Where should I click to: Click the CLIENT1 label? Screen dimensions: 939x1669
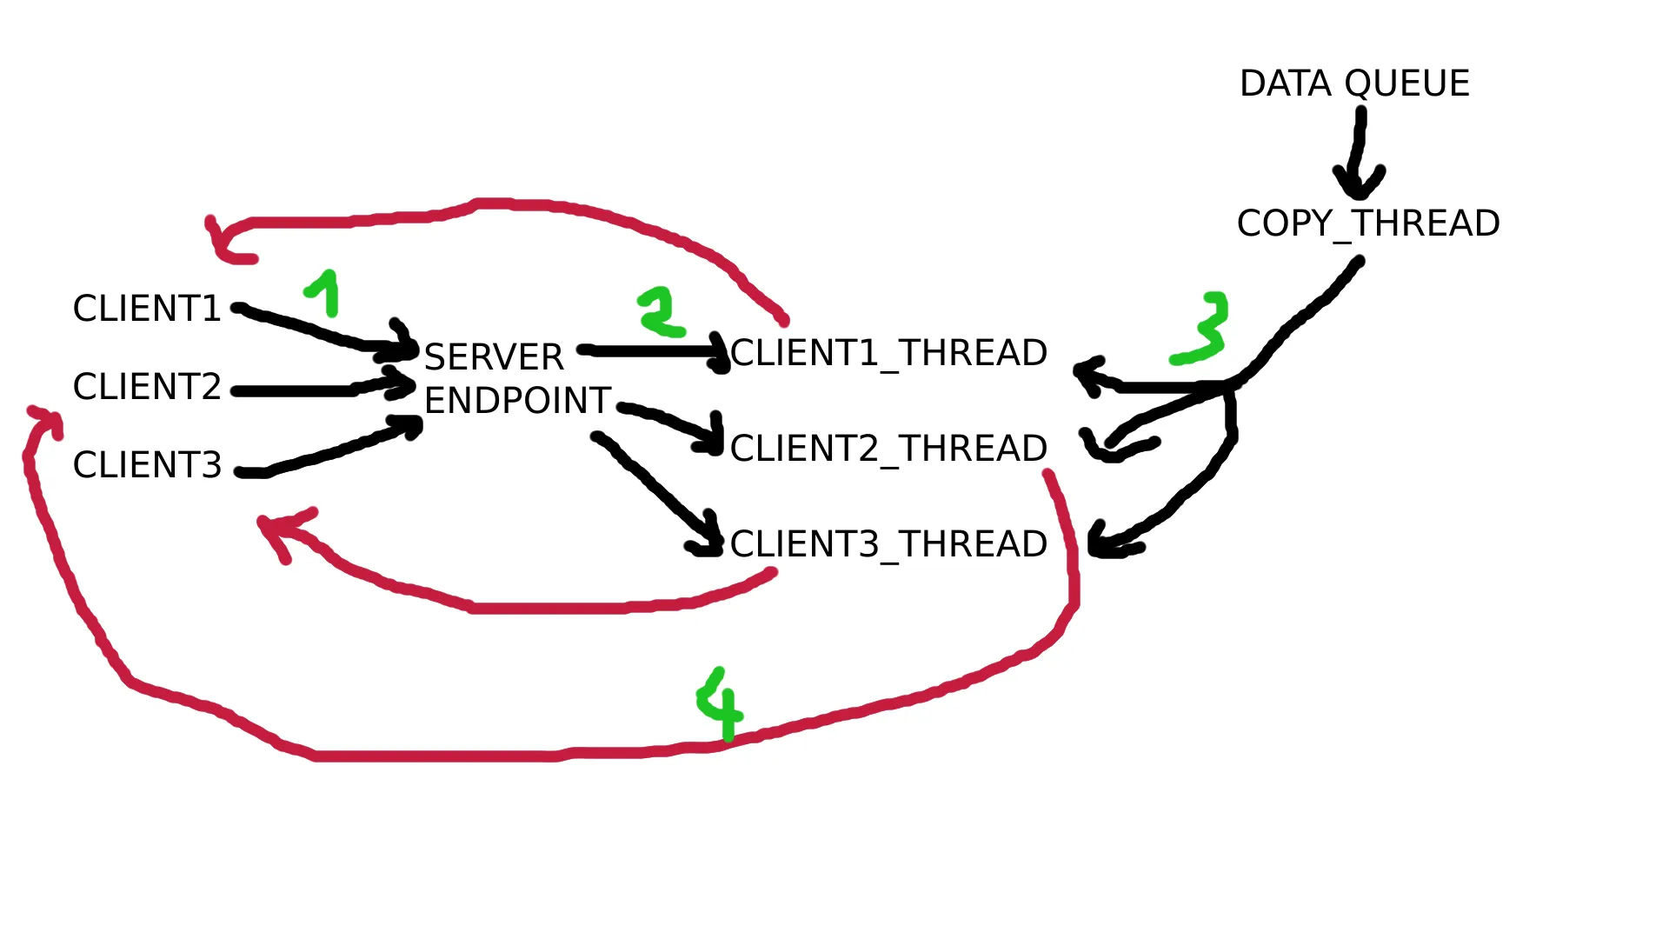[147, 309]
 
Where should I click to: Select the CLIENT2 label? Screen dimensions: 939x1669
[147, 387]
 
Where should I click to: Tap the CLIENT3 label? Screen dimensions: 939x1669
[147, 465]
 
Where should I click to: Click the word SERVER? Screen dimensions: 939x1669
[494, 357]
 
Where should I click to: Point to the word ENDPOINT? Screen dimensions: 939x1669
[517, 401]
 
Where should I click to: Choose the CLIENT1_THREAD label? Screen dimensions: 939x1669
[888, 353]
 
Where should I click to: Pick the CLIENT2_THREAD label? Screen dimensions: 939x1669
[888, 449]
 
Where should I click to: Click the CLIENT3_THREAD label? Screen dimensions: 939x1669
[888, 544]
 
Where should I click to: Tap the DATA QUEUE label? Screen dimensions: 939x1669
[1354, 84]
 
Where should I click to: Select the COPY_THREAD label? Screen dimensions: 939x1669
[1368, 223]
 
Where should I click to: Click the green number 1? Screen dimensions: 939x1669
[323, 292]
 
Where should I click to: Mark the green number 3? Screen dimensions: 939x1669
[1204, 329]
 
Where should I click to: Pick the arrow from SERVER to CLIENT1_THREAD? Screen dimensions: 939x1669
[652, 351]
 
